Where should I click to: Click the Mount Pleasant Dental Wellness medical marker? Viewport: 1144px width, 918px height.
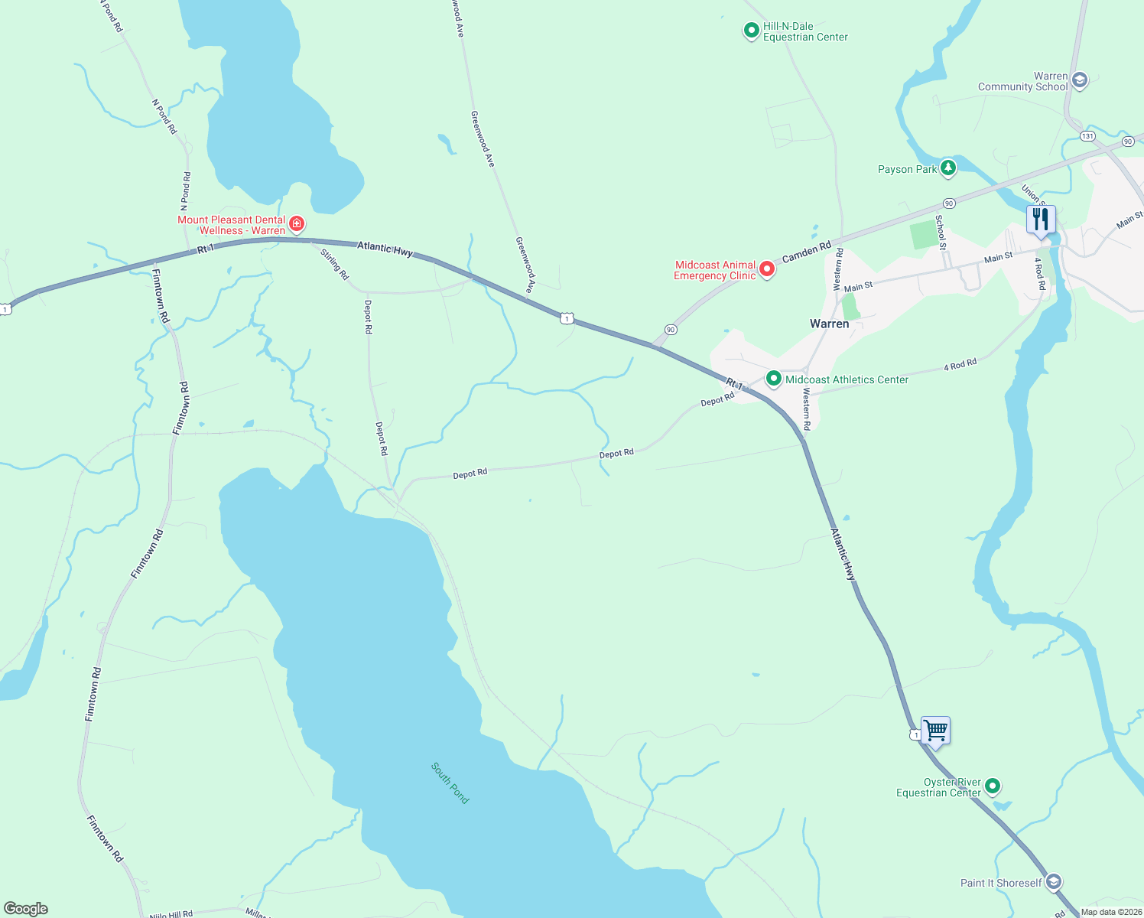[297, 224]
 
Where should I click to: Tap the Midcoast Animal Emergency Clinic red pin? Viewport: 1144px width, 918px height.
[767, 270]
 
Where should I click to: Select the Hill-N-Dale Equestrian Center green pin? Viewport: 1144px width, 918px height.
[751, 31]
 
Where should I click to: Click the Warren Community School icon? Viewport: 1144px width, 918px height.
[1080, 80]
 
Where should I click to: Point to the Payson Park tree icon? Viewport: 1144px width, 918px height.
[948, 168]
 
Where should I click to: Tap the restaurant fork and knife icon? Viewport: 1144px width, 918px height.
[1041, 220]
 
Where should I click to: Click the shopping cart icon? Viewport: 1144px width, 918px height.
[936, 731]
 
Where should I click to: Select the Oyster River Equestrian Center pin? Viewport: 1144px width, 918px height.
[993, 786]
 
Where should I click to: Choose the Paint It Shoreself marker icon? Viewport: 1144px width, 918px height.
[1053, 882]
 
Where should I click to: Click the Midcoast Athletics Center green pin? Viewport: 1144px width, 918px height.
[773, 379]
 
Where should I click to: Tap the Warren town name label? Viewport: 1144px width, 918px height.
[829, 324]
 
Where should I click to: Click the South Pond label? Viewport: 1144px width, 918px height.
[450, 783]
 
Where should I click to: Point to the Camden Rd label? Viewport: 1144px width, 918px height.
[806, 252]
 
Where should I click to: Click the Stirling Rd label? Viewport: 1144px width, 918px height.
[335, 264]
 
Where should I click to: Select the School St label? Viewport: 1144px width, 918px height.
[941, 232]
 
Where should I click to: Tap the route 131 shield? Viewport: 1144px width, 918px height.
[1087, 136]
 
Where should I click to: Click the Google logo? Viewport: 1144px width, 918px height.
[26, 908]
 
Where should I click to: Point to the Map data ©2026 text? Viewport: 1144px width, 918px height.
[1111, 912]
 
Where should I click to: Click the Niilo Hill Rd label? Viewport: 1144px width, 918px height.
[171, 914]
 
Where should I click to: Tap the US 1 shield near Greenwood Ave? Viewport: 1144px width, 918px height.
[567, 318]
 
